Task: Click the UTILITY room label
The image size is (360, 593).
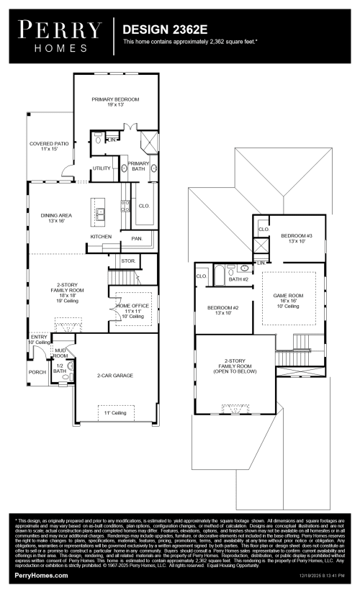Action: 102,168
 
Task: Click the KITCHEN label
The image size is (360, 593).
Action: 101,236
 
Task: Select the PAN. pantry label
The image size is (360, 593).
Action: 137,237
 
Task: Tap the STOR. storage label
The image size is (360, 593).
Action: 128,261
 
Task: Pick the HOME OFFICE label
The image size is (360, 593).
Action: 130,308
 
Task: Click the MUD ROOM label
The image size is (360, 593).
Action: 60,353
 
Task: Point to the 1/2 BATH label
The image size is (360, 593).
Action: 60,368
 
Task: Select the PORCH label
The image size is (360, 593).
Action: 37,372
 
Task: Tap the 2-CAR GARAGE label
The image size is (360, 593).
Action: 115,376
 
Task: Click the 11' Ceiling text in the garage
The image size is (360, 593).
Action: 115,412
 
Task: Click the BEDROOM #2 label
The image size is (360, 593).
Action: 222,310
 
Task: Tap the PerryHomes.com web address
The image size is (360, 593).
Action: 41,576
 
